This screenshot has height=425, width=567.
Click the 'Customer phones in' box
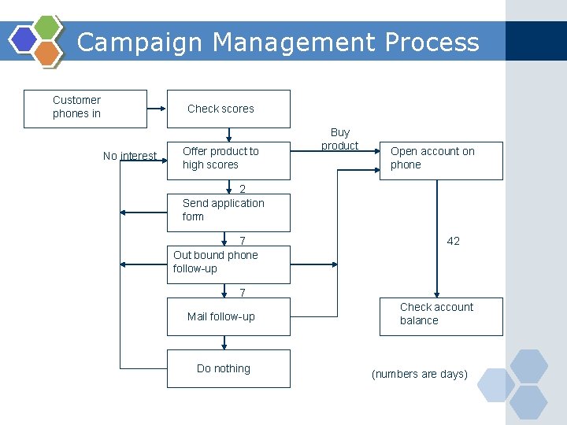[x=86, y=109]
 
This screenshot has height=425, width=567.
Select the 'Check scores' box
[x=228, y=109]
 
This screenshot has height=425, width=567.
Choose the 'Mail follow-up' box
[x=228, y=317]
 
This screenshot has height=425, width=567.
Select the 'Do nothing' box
[x=228, y=369]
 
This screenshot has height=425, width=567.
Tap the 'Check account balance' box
[x=441, y=315]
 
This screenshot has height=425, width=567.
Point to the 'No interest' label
[x=129, y=156]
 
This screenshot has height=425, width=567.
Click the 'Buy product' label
[x=340, y=139]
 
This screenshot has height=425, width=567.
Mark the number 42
[x=454, y=241]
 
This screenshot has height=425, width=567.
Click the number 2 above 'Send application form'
[x=243, y=189]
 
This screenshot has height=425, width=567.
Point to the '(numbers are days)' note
[x=420, y=374]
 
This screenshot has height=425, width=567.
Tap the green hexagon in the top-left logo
[x=47, y=28]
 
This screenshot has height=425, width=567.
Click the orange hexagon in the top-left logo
[x=47, y=52]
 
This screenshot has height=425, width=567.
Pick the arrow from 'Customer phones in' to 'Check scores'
[x=157, y=109]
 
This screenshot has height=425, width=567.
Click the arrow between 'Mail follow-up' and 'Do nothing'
[x=224, y=343]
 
